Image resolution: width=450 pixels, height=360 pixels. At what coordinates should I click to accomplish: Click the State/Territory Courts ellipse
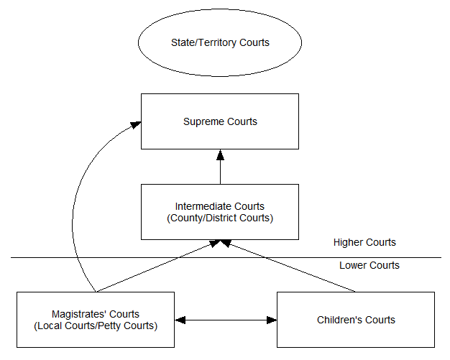pos(220,43)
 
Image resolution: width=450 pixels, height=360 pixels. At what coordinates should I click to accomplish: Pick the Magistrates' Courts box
pos(96,320)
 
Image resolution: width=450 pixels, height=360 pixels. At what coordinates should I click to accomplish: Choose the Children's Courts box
pos(356,320)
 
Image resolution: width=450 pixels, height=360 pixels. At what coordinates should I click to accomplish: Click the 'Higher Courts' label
pos(364,243)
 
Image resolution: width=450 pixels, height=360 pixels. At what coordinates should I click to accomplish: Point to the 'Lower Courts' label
pos(369,266)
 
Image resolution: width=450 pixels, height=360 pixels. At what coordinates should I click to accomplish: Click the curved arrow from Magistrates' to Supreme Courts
pos(78,201)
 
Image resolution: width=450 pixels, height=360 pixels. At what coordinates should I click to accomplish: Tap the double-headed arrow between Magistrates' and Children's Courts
pos(226,320)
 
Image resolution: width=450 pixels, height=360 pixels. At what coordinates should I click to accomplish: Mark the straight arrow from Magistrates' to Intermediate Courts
pos(158,267)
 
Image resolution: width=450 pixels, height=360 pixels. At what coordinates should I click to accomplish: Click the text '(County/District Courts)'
pos(220,218)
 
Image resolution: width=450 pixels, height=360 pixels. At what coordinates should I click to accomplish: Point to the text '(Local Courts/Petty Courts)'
pos(96,326)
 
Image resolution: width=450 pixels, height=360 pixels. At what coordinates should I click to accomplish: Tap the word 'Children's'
pos(337,320)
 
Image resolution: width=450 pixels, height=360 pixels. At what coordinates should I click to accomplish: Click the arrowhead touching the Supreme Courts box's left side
pos(135,125)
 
